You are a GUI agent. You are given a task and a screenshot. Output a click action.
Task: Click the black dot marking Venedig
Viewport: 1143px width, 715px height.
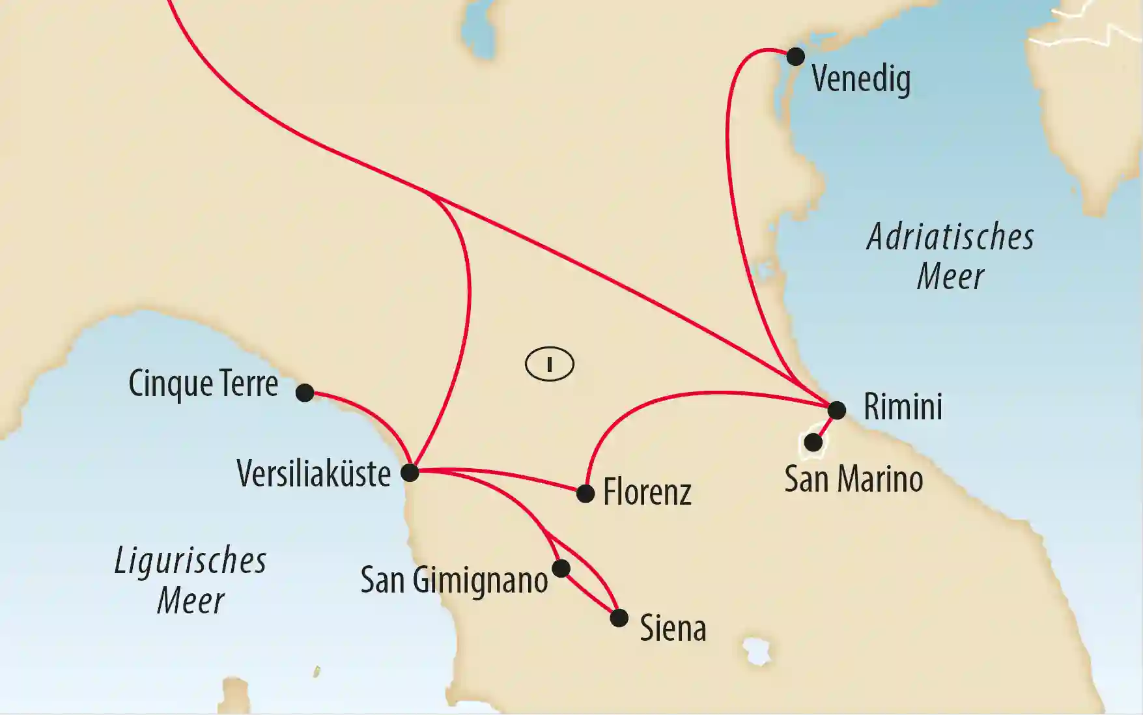coord(795,57)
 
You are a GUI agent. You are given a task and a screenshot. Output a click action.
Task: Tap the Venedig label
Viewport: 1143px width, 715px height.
coord(860,79)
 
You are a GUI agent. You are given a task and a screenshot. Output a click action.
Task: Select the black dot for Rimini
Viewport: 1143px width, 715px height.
coord(836,410)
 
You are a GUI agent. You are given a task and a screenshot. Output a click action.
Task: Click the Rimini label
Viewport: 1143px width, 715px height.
coord(903,407)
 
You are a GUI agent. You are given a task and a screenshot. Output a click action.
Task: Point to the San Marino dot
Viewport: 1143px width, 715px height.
coord(813,443)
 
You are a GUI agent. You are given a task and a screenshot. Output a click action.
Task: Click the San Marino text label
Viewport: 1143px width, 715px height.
coord(853,479)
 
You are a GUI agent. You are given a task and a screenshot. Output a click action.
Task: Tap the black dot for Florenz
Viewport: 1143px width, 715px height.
coord(586,494)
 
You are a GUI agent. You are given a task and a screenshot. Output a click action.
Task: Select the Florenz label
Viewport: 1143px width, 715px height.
coord(647,492)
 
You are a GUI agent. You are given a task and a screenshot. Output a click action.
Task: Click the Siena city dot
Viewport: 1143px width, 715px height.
coord(619,618)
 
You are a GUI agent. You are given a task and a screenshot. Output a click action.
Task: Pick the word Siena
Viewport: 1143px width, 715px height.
coord(673,628)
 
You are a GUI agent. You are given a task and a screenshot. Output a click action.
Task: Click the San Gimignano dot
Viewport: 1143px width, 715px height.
coord(561,568)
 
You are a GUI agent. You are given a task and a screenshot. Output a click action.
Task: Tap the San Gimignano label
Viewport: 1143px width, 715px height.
coord(454,580)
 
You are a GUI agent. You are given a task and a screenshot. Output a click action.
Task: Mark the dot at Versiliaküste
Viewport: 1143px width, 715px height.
coord(410,472)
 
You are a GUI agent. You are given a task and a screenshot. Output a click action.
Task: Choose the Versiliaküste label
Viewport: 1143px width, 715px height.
coord(313,473)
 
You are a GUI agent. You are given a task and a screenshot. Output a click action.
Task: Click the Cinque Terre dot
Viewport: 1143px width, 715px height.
coord(305,393)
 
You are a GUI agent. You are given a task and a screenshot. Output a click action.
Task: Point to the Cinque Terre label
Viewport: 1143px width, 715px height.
coord(203,384)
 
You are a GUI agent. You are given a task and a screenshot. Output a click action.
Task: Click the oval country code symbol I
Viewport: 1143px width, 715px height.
coord(549,364)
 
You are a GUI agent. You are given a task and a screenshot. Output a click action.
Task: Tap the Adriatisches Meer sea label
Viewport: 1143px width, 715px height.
coord(950,257)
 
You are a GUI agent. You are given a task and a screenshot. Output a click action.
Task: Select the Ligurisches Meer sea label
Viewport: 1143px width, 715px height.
coord(190,580)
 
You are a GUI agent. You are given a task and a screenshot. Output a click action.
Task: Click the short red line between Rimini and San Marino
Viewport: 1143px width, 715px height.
coord(825,427)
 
